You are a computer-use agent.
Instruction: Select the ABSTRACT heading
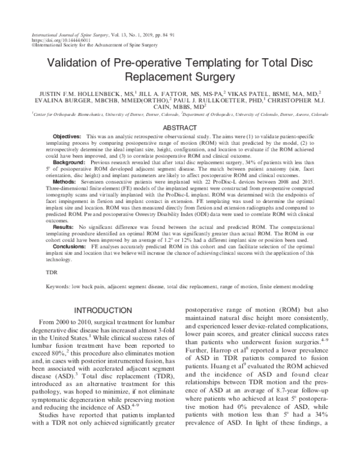click(x=180, y=127)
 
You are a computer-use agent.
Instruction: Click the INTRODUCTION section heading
click(x=103, y=310)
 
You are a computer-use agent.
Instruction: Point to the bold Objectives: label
click(x=67, y=138)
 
